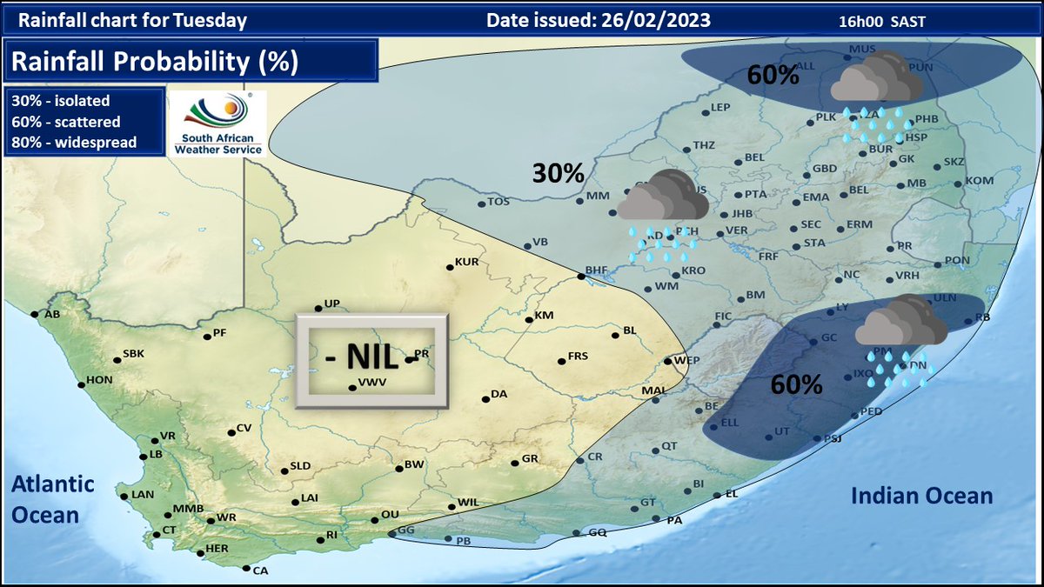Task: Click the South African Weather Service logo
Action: [217, 123]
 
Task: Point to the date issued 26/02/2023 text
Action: [599, 20]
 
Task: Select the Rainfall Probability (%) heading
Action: [155, 62]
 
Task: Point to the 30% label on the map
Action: [558, 173]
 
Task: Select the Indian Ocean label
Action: [921, 496]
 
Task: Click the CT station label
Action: [170, 530]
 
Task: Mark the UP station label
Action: [331, 304]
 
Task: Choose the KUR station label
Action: [468, 262]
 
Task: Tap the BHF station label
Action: [595, 270]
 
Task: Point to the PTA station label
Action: [755, 195]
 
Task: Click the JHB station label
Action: [742, 214]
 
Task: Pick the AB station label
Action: [52, 315]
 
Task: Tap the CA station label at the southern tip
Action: [260, 570]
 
